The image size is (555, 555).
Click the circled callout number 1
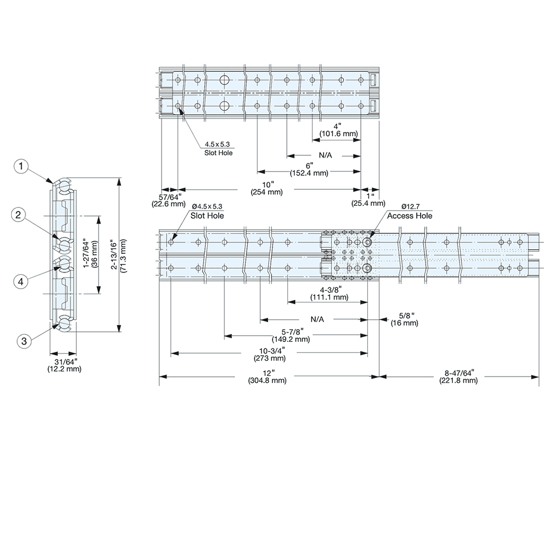[x=21, y=166]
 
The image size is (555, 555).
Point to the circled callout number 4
[x=21, y=281]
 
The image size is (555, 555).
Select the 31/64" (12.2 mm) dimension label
[x=64, y=365]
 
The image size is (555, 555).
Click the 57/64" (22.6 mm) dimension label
[x=168, y=200]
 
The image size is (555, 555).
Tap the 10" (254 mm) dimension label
[x=268, y=188]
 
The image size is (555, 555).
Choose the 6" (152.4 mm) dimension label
[x=309, y=169]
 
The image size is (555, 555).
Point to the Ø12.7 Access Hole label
[x=410, y=211]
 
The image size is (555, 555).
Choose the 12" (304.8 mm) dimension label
[x=268, y=376]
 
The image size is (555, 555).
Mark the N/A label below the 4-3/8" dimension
[x=317, y=320]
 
